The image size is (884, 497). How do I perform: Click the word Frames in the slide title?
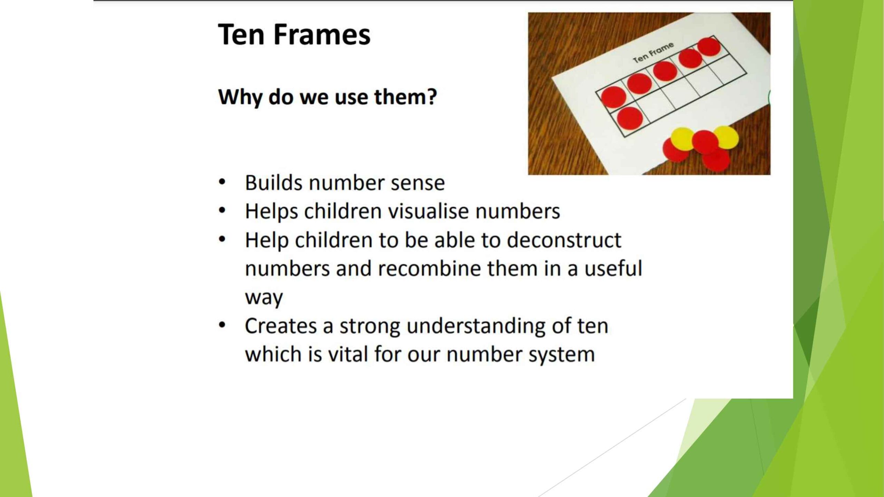322,35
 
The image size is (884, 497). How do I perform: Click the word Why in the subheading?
240,97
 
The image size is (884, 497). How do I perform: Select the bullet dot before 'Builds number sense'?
222,182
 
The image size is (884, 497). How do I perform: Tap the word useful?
613,268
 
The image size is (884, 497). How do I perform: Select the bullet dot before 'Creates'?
222,325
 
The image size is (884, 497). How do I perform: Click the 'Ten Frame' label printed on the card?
653,52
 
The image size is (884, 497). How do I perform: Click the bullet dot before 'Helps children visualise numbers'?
222,210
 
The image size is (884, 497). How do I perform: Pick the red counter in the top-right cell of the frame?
709,47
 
